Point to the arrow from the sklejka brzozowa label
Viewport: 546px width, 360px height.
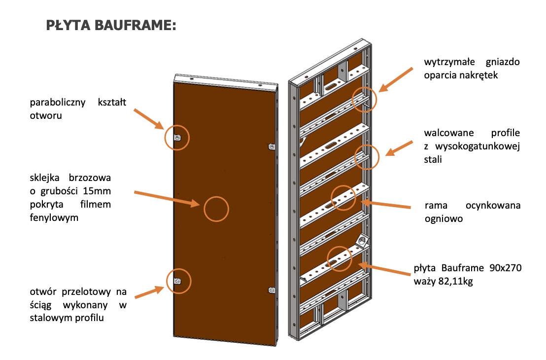click(x=166, y=197)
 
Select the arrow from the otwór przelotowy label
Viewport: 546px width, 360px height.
click(x=149, y=291)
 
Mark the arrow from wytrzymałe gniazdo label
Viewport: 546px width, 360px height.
click(x=397, y=78)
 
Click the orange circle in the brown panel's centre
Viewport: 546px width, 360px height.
click(x=216, y=208)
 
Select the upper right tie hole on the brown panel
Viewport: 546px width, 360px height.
click(x=271, y=146)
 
